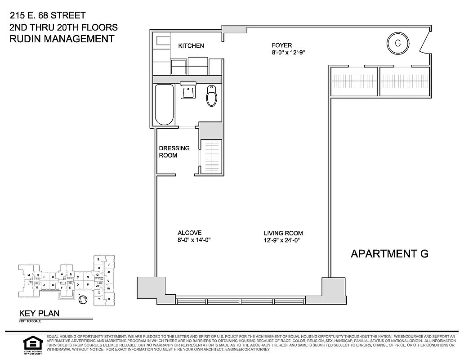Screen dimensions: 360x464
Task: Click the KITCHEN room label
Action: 191,46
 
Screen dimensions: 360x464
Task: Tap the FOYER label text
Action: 281,45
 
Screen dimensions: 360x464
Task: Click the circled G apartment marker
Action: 397,43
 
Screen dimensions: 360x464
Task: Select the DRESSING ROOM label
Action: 174,152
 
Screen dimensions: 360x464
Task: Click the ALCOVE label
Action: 189,233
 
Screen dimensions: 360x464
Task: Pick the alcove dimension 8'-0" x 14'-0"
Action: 194,240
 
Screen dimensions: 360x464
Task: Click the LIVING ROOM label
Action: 283,233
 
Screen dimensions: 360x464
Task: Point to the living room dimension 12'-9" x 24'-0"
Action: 281,240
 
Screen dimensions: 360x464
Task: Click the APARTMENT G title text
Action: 389,254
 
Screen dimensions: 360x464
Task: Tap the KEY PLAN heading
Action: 39,314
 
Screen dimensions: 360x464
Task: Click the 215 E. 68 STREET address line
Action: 47,16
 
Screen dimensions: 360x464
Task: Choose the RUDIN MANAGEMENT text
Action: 62,39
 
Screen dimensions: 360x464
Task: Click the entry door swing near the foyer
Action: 425,44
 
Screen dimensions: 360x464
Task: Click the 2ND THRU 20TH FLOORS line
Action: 63,27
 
